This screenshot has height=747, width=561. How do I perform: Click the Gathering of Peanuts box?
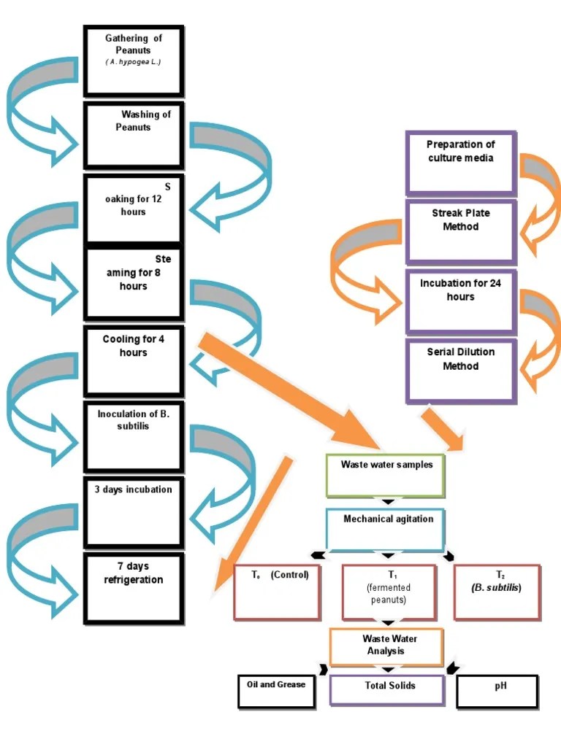click(133, 61)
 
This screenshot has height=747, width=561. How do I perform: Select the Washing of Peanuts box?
click(133, 135)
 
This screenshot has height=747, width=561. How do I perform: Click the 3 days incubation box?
click(133, 511)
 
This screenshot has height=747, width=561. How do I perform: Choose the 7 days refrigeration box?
click(133, 588)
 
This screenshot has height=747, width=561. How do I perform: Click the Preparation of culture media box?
click(461, 163)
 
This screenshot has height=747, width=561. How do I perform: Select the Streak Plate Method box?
click(461, 231)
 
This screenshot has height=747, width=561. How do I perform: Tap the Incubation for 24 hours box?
click(461, 301)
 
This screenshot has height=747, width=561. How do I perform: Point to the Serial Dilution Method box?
click(461, 370)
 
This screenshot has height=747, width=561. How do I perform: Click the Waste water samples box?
click(386, 475)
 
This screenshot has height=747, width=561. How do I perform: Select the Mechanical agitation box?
click(386, 529)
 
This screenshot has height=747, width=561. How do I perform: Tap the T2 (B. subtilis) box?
click(497, 592)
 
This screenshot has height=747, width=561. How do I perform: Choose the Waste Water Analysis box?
click(386, 646)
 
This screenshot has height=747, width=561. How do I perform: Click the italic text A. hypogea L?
click(133, 63)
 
